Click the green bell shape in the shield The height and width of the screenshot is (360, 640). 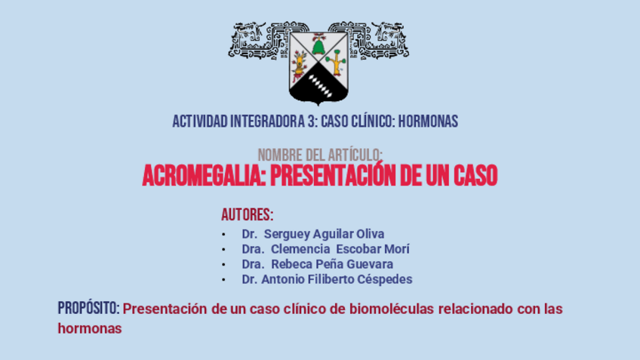point(318,47)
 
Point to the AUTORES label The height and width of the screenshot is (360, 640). point(248,215)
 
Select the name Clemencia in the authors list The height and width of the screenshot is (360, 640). point(300,249)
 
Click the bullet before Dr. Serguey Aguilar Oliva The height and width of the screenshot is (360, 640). point(223,235)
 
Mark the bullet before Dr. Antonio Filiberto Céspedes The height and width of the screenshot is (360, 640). point(223,280)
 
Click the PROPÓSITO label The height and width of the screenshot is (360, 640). point(88,308)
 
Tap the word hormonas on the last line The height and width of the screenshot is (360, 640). point(90,329)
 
